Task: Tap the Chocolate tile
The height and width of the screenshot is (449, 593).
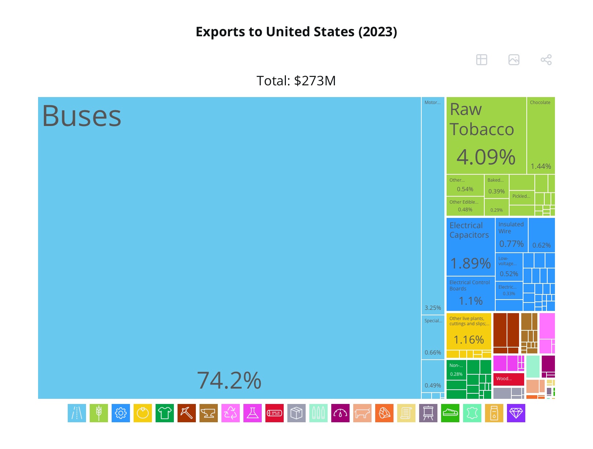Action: tap(541, 136)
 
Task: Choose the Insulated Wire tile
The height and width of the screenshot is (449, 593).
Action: tap(511, 235)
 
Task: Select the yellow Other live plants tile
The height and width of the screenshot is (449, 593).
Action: tap(469, 331)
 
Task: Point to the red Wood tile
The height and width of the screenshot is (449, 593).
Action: tap(508, 379)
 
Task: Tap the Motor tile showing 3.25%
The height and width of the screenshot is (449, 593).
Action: tap(433, 205)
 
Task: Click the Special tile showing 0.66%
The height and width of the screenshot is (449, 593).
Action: tap(433, 337)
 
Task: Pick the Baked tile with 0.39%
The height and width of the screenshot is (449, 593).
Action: tap(496, 186)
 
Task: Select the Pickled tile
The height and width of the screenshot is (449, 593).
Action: tap(522, 197)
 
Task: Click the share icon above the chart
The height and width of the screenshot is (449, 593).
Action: tap(546, 60)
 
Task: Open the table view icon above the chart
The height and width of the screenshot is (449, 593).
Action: tap(481, 60)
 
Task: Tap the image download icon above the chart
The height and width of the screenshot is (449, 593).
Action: tap(514, 60)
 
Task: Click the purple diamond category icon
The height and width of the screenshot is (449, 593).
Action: tap(516, 413)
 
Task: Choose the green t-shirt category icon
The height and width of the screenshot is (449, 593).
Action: tap(165, 413)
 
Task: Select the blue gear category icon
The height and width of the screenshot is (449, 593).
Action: tap(121, 413)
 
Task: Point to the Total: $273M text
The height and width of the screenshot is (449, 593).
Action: tap(296, 81)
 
